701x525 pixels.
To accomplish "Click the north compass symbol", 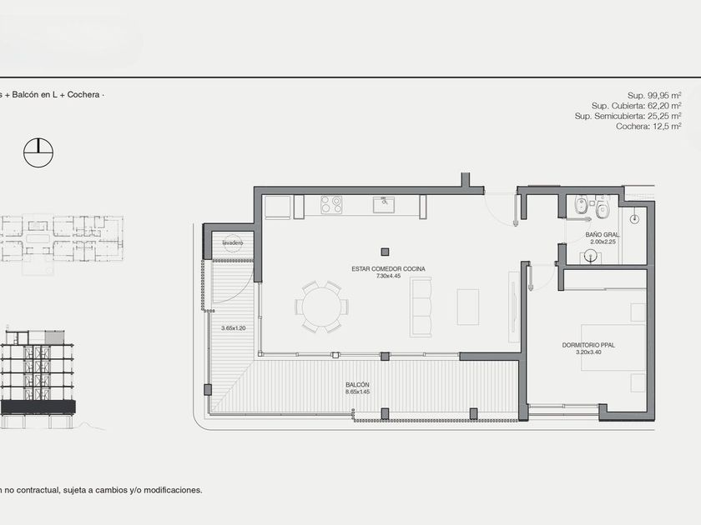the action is pyautogui.click(x=38, y=152).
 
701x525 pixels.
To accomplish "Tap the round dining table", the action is pyautogui.click(x=321, y=307).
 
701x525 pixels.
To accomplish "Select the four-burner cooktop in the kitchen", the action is pyautogui.click(x=331, y=205).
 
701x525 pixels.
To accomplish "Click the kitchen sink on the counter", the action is pyautogui.click(x=384, y=205).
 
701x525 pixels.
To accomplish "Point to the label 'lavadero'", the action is pyautogui.click(x=233, y=242).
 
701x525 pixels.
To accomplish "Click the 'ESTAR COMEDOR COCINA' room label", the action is pyautogui.click(x=389, y=268).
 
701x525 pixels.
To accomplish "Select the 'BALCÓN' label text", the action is pyautogui.click(x=358, y=385).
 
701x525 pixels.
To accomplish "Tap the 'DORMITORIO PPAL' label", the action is pyautogui.click(x=588, y=345).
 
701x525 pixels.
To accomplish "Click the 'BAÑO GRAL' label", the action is pyautogui.click(x=603, y=235).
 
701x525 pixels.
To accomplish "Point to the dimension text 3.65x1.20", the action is pyautogui.click(x=234, y=328).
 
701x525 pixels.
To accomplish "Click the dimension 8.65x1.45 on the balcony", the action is pyautogui.click(x=358, y=392).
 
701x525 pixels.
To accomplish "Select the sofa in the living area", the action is pyautogui.click(x=421, y=307).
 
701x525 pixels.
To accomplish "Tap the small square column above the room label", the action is pyautogui.click(x=385, y=252).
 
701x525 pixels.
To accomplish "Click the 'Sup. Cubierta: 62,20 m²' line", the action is pyautogui.click(x=636, y=106).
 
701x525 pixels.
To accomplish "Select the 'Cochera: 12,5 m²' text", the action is pyautogui.click(x=648, y=127).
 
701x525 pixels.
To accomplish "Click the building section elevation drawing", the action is pyautogui.click(x=38, y=379).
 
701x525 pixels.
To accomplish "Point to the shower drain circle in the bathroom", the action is pyautogui.click(x=634, y=218).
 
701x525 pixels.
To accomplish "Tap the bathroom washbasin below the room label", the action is pyautogui.click(x=591, y=257).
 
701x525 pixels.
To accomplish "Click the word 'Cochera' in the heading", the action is pyautogui.click(x=83, y=95).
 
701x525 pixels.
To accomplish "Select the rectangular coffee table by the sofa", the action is pyautogui.click(x=467, y=307).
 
